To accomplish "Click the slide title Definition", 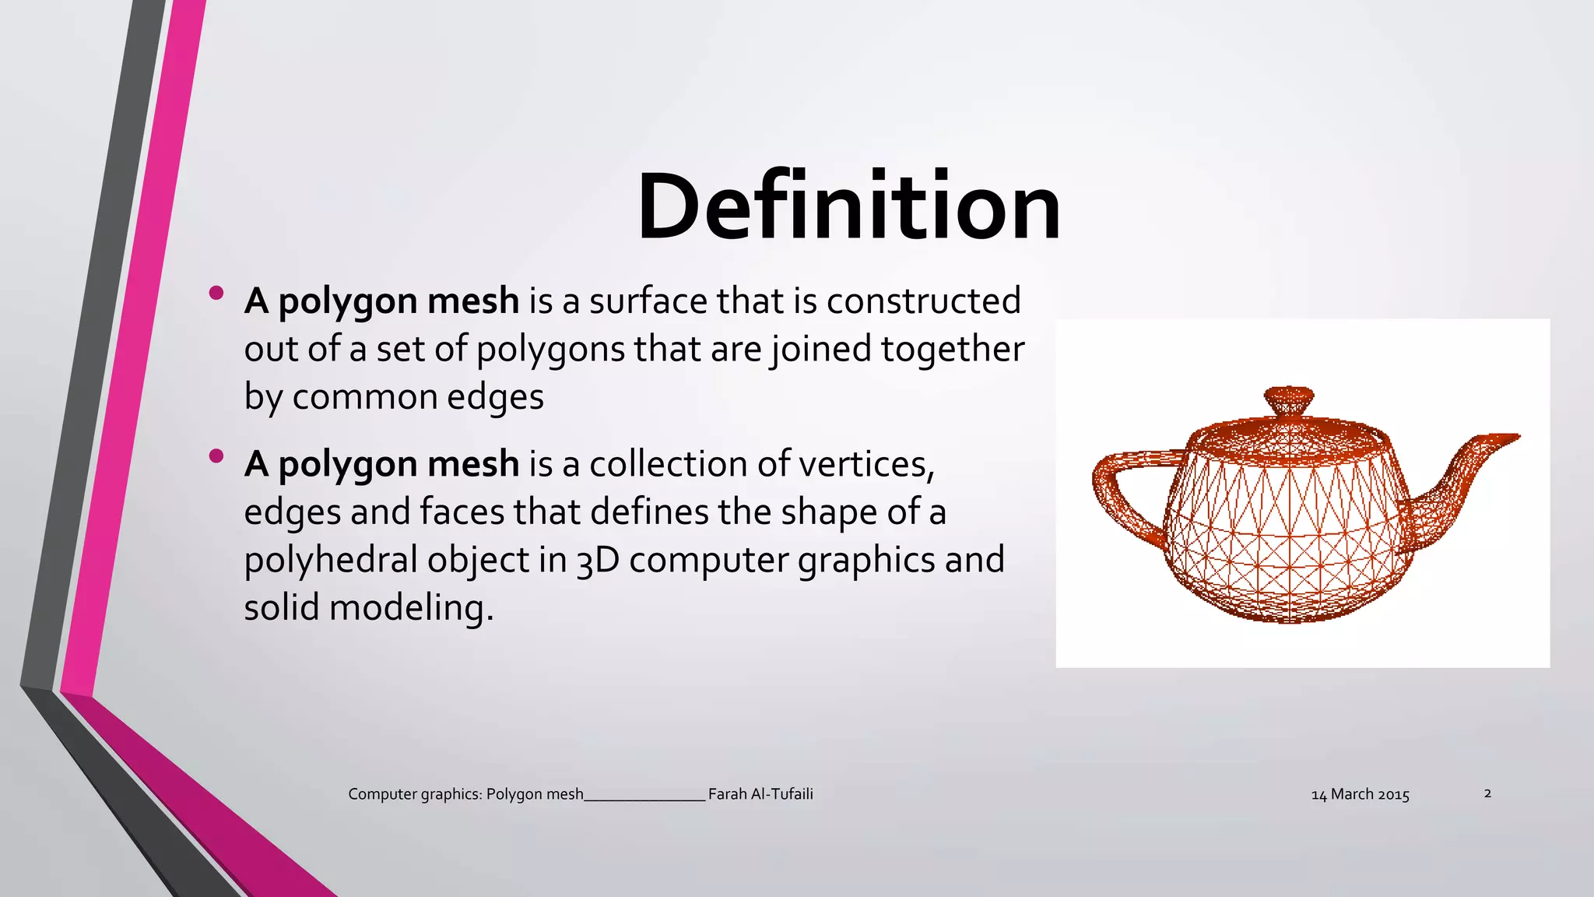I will click(848, 207).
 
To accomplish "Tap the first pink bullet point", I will click(216, 294).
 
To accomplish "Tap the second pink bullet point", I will click(216, 456).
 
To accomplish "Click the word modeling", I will click(412, 608).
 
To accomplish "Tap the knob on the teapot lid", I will click(1288, 400).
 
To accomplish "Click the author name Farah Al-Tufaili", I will click(760, 794).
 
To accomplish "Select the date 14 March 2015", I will click(1360, 795).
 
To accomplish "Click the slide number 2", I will click(1487, 793).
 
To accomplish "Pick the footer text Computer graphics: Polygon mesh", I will click(465, 794).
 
